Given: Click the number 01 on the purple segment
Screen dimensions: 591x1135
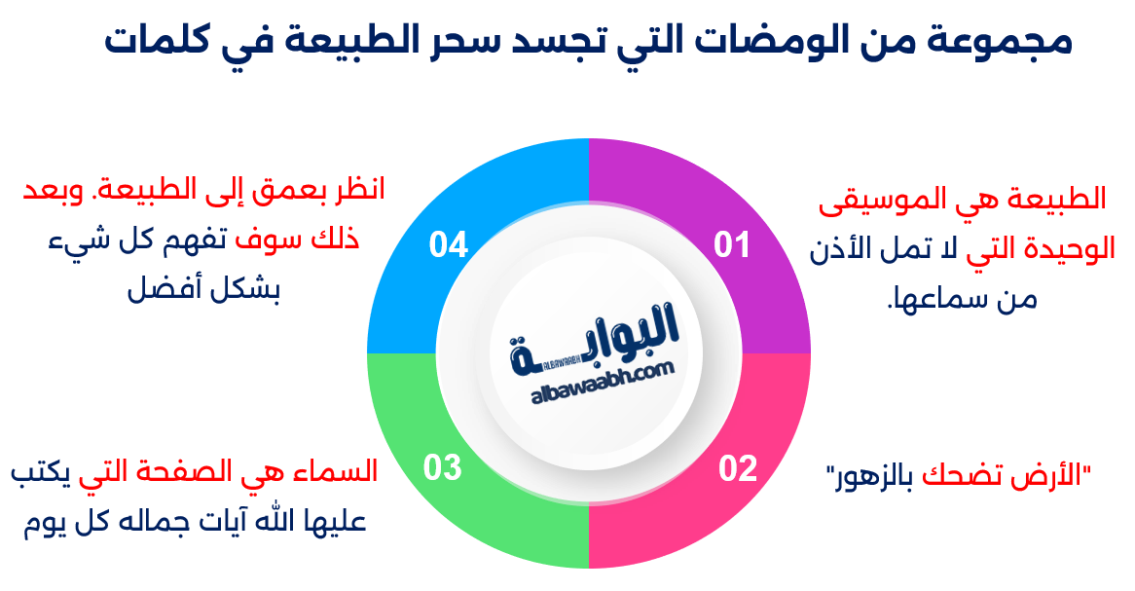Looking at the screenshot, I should tap(732, 244).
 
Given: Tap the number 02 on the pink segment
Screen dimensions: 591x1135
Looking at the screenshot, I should tap(738, 468).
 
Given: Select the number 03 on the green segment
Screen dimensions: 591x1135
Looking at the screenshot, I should tap(442, 467).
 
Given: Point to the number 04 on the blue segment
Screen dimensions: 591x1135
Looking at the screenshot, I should tap(449, 244).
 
